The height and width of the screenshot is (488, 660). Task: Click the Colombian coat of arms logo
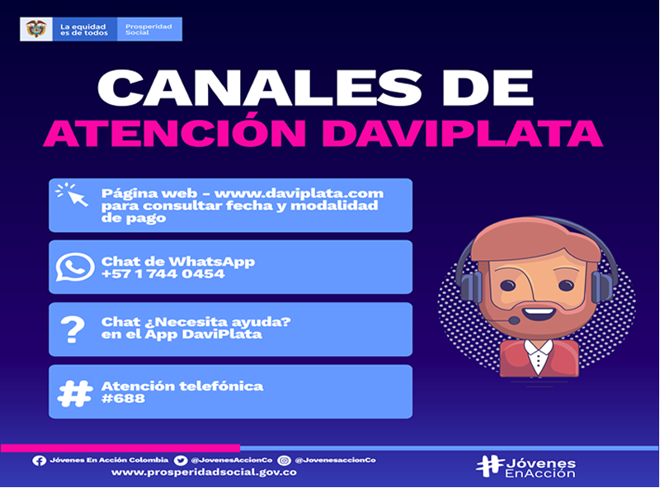coord(36,29)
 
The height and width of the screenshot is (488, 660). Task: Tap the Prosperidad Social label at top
coord(148,29)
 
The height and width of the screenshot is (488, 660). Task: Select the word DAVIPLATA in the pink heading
coord(464,133)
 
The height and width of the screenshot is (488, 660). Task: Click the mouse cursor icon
coord(72,194)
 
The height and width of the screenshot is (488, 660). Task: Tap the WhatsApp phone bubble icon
coord(75,267)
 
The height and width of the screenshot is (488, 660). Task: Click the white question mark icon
coord(73,329)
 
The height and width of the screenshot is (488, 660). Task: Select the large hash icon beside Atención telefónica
coord(75,394)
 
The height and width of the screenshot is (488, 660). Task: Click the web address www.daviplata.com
coord(299,193)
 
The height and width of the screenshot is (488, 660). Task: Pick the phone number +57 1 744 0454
coord(163,274)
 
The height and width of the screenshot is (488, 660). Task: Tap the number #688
coord(123,398)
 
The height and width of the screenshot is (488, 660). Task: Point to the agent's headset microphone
coord(513,320)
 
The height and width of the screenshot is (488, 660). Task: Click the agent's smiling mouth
coord(538,314)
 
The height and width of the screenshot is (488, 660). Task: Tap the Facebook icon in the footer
coord(39,461)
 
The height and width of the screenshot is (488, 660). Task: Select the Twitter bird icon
coord(181,461)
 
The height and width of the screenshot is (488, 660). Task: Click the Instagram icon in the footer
coord(285,461)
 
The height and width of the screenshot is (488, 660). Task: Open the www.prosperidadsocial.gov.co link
coord(204,472)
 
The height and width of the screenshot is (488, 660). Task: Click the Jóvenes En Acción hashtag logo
coord(526,467)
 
